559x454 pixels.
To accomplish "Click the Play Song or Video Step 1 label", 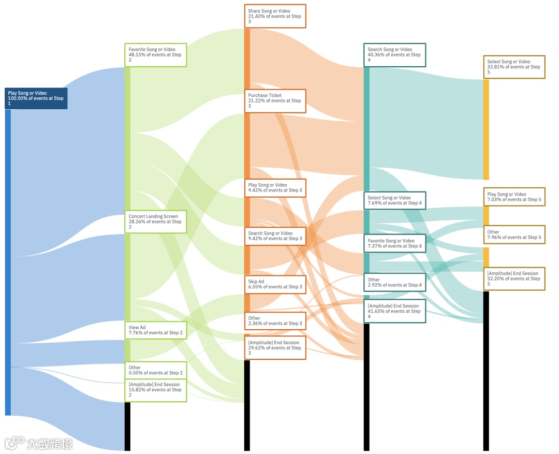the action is pos(36,98).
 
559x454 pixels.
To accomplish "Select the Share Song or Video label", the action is pos(275,16).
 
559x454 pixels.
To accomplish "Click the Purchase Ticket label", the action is pos(275,101).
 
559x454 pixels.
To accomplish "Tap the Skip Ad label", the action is pos(275,284).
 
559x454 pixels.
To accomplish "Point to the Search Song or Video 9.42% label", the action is pos(275,236).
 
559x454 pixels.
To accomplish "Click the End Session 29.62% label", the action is pos(275,347).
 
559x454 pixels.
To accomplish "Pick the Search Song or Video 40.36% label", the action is pos(394,55).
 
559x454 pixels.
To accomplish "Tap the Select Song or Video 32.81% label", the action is pos(514,67).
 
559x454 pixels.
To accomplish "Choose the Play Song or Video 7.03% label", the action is pos(514,197).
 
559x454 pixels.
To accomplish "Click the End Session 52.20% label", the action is pos(514,279).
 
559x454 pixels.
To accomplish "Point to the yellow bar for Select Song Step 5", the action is pos(486,129).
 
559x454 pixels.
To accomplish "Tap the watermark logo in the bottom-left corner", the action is pos(38,443).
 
